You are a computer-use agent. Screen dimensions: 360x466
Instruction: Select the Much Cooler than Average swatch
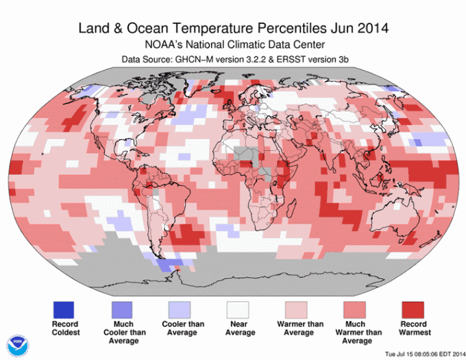(x=121, y=309)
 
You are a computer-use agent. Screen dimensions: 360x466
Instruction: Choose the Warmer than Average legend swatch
(x=296, y=309)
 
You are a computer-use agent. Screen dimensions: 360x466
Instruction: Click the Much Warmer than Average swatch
(x=354, y=309)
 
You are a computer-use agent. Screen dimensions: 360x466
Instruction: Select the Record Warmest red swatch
(x=413, y=309)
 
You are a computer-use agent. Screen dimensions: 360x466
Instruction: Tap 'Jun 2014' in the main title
(x=362, y=29)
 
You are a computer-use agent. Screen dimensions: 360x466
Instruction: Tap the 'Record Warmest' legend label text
(x=413, y=328)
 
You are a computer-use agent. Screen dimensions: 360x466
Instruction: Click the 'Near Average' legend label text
(x=238, y=328)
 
